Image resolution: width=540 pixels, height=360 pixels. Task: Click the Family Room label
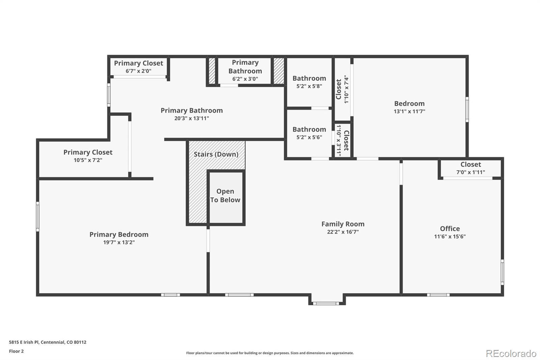tap(343, 224)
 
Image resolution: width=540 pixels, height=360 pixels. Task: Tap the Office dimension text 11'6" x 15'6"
tap(450, 236)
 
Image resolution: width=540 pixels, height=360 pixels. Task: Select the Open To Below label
tap(225, 196)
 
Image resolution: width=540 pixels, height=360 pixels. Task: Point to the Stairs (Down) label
tap(216, 154)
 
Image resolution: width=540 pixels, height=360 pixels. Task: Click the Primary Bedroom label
tap(119, 234)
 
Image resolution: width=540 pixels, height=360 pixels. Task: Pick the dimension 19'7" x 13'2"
tap(119, 242)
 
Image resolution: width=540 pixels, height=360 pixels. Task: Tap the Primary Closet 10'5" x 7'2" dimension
tap(88, 160)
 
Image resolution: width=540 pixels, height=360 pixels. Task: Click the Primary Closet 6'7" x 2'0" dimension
tap(138, 71)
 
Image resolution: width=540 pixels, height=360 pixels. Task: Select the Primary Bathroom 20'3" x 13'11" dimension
tap(192, 118)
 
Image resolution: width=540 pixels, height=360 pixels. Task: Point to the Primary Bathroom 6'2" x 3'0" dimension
tap(245, 79)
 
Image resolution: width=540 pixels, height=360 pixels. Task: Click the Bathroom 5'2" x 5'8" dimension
tap(309, 86)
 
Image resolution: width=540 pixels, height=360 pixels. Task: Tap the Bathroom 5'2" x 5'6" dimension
tap(309, 137)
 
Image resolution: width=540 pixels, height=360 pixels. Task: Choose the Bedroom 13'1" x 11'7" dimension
tap(409, 111)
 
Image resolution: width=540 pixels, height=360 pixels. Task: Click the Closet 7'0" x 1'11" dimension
tap(470, 172)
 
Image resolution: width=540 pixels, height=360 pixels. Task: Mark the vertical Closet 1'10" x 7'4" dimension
tap(346, 89)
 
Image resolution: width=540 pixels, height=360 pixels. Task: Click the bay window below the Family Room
tap(326, 303)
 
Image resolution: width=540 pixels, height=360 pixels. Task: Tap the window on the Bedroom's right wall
tap(467, 109)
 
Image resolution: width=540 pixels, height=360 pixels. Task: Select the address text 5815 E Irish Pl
tap(24, 342)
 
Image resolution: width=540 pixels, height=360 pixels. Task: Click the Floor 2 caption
tap(17, 351)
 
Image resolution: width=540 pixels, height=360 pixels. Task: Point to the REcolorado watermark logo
tap(511, 354)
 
